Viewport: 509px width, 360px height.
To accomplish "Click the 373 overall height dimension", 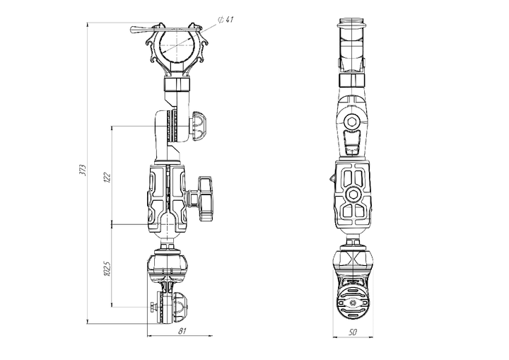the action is click(x=83, y=170).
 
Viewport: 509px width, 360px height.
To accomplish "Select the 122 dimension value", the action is click(x=107, y=177).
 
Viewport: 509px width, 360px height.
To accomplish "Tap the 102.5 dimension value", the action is click(x=107, y=269).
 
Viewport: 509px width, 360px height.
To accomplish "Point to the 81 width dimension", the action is click(x=182, y=331).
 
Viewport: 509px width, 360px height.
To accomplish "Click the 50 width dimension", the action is click(x=353, y=332).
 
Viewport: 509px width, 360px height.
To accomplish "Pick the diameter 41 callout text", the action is click(x=226, y=20).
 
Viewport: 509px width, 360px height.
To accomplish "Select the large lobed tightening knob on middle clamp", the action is click(x=205, y=198).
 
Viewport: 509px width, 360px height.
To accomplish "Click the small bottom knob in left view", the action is click(x=180, y=307).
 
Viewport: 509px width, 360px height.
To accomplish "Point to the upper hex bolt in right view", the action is click(x=352, y=122).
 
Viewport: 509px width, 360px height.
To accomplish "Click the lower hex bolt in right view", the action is click(x=353, y=195).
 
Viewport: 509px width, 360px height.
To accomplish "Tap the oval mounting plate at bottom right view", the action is click(x=353, y=302).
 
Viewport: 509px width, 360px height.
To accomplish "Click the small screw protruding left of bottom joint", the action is click(x=154, y=305).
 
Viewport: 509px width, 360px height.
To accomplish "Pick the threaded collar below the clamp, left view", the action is click(x=177, y=84).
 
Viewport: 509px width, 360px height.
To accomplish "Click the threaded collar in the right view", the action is click(x=352, y=80).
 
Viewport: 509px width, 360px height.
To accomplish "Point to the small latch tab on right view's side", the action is click(x=332, y=178).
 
